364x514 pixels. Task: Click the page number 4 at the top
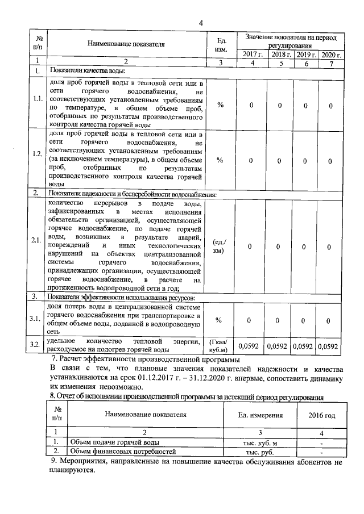pos(200,23)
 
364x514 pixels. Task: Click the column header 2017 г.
pos(252,55)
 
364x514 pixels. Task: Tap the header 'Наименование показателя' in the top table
pos(126,43)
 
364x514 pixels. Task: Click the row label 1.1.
pos(37,99)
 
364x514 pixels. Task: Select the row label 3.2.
pos(37,345)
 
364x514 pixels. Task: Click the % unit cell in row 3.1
pos(220,321)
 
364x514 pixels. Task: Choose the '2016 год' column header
pos(321,416)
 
